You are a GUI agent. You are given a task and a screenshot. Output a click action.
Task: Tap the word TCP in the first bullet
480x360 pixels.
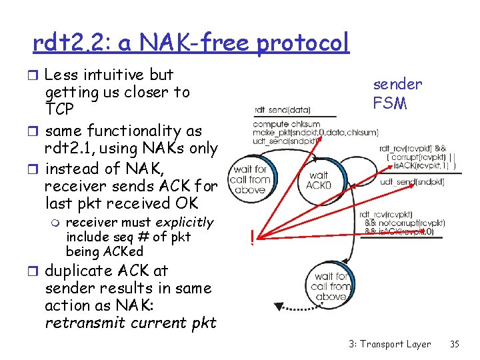pyautogui.click(x=60, y=109)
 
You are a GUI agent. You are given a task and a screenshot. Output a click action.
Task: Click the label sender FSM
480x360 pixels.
pyautogui.click(x=397, y=93)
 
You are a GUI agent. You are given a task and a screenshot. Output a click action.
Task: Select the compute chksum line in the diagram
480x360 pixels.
pyautogui.click(x=286, y=123)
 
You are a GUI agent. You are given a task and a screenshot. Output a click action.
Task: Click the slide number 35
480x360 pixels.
pyautogui.click(x=455, y=344)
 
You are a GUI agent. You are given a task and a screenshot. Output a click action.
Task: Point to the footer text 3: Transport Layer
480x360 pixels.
pyautogui.click(x=389, y=344)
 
